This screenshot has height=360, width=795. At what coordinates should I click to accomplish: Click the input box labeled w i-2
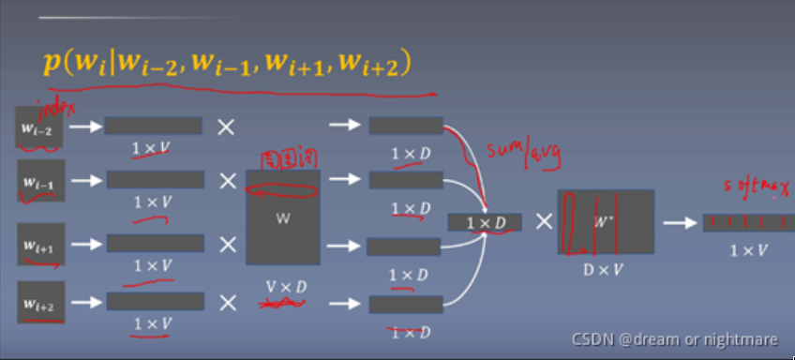39,127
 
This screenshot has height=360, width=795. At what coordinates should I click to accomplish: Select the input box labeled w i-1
41,181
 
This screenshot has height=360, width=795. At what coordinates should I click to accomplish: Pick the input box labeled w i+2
41,302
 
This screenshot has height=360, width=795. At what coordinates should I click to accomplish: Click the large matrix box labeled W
283,217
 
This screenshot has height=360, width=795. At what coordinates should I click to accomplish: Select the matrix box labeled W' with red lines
605,222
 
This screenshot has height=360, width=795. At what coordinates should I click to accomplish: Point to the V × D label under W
283,284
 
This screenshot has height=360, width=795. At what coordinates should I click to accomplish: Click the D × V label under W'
605,270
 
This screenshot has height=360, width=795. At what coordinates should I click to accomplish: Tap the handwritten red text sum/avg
523,152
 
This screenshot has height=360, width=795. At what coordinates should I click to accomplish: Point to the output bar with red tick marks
747,223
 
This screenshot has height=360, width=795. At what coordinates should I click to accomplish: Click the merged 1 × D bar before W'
485,222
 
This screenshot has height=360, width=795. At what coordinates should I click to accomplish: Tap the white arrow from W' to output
678,223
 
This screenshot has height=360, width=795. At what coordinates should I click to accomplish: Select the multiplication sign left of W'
544,222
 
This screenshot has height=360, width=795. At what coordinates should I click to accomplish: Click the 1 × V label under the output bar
747,250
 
